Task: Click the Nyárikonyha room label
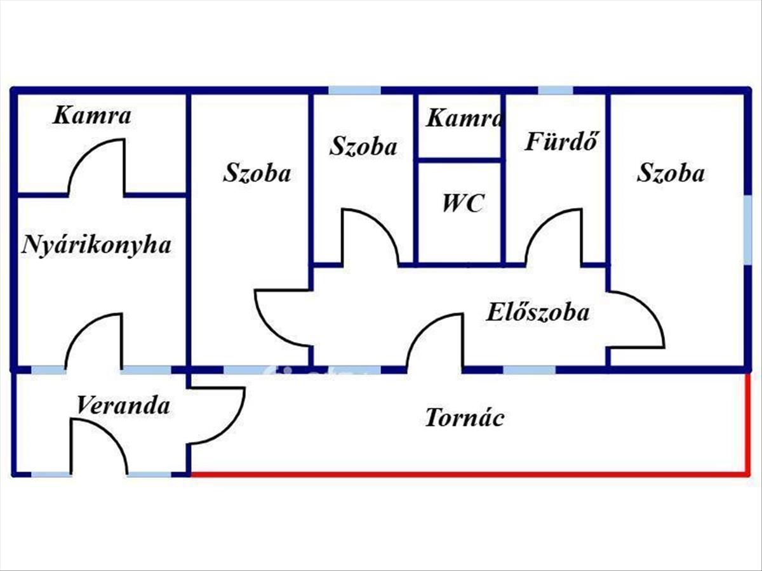pos(97,245)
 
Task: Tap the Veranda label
pos(123,405)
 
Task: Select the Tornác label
pos(464,418)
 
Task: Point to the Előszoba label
pos(538,312)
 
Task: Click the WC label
pos(463,204)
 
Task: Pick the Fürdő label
pos(562,141)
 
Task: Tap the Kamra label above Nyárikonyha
pos(92,115)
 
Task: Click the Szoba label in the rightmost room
pos(671,173)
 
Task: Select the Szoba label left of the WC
pos(363,146)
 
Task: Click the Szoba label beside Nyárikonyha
pos(257,173)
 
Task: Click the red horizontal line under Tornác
pos(469,473)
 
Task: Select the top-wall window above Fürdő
pos(556,90)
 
